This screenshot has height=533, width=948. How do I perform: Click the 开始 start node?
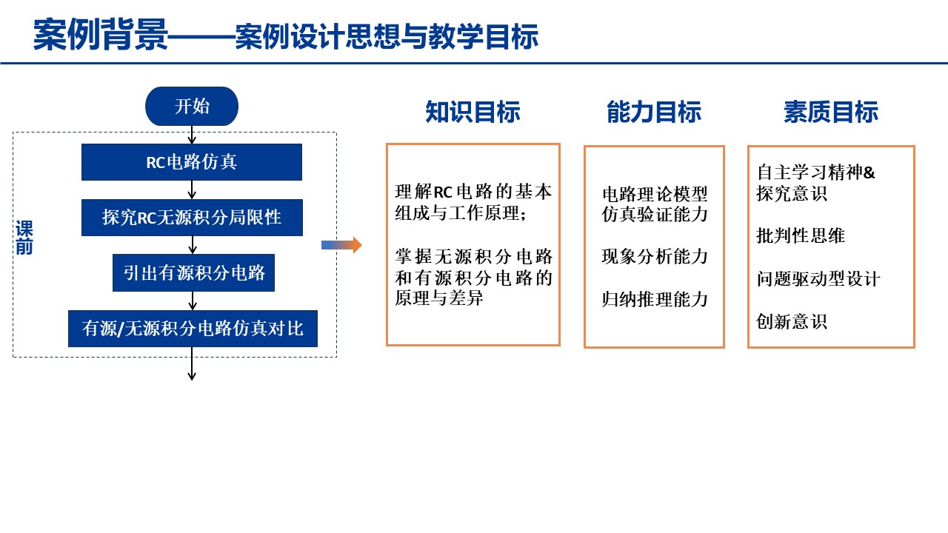[x=192, y=106]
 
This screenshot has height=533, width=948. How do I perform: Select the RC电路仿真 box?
[x=192, y=162]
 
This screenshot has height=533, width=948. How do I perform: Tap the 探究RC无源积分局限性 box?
[x=192, y=218]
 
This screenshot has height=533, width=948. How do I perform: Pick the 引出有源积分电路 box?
[x=194, y=272]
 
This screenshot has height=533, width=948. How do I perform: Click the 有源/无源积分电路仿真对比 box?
[x=193, y=329]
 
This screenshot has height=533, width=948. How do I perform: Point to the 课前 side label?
[x=24, y=238]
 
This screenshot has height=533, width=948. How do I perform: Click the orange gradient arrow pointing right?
[x=341, y=245]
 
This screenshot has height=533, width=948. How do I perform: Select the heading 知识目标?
[x=473, y=112]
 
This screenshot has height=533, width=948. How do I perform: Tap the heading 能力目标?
[x=653, y=112]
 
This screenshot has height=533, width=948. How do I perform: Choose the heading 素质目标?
[x=830, y=112]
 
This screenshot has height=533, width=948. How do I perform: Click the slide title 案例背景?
[x=101, y=35]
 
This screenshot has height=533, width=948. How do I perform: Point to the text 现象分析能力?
[x=655, y=257]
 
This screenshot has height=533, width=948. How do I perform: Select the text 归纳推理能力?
[x=655, y=300]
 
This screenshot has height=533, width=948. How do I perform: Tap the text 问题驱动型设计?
[x=818, y=279]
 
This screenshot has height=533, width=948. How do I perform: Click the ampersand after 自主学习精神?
[x=869, y=172]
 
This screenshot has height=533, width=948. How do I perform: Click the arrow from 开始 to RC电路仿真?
[x=192, y=135]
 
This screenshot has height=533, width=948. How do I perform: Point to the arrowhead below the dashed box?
[x=192, y=375]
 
